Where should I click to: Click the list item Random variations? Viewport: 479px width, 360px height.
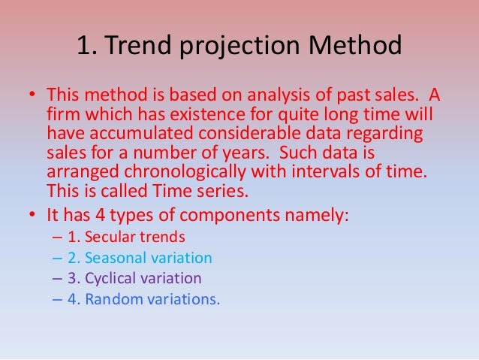click(144, 298)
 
